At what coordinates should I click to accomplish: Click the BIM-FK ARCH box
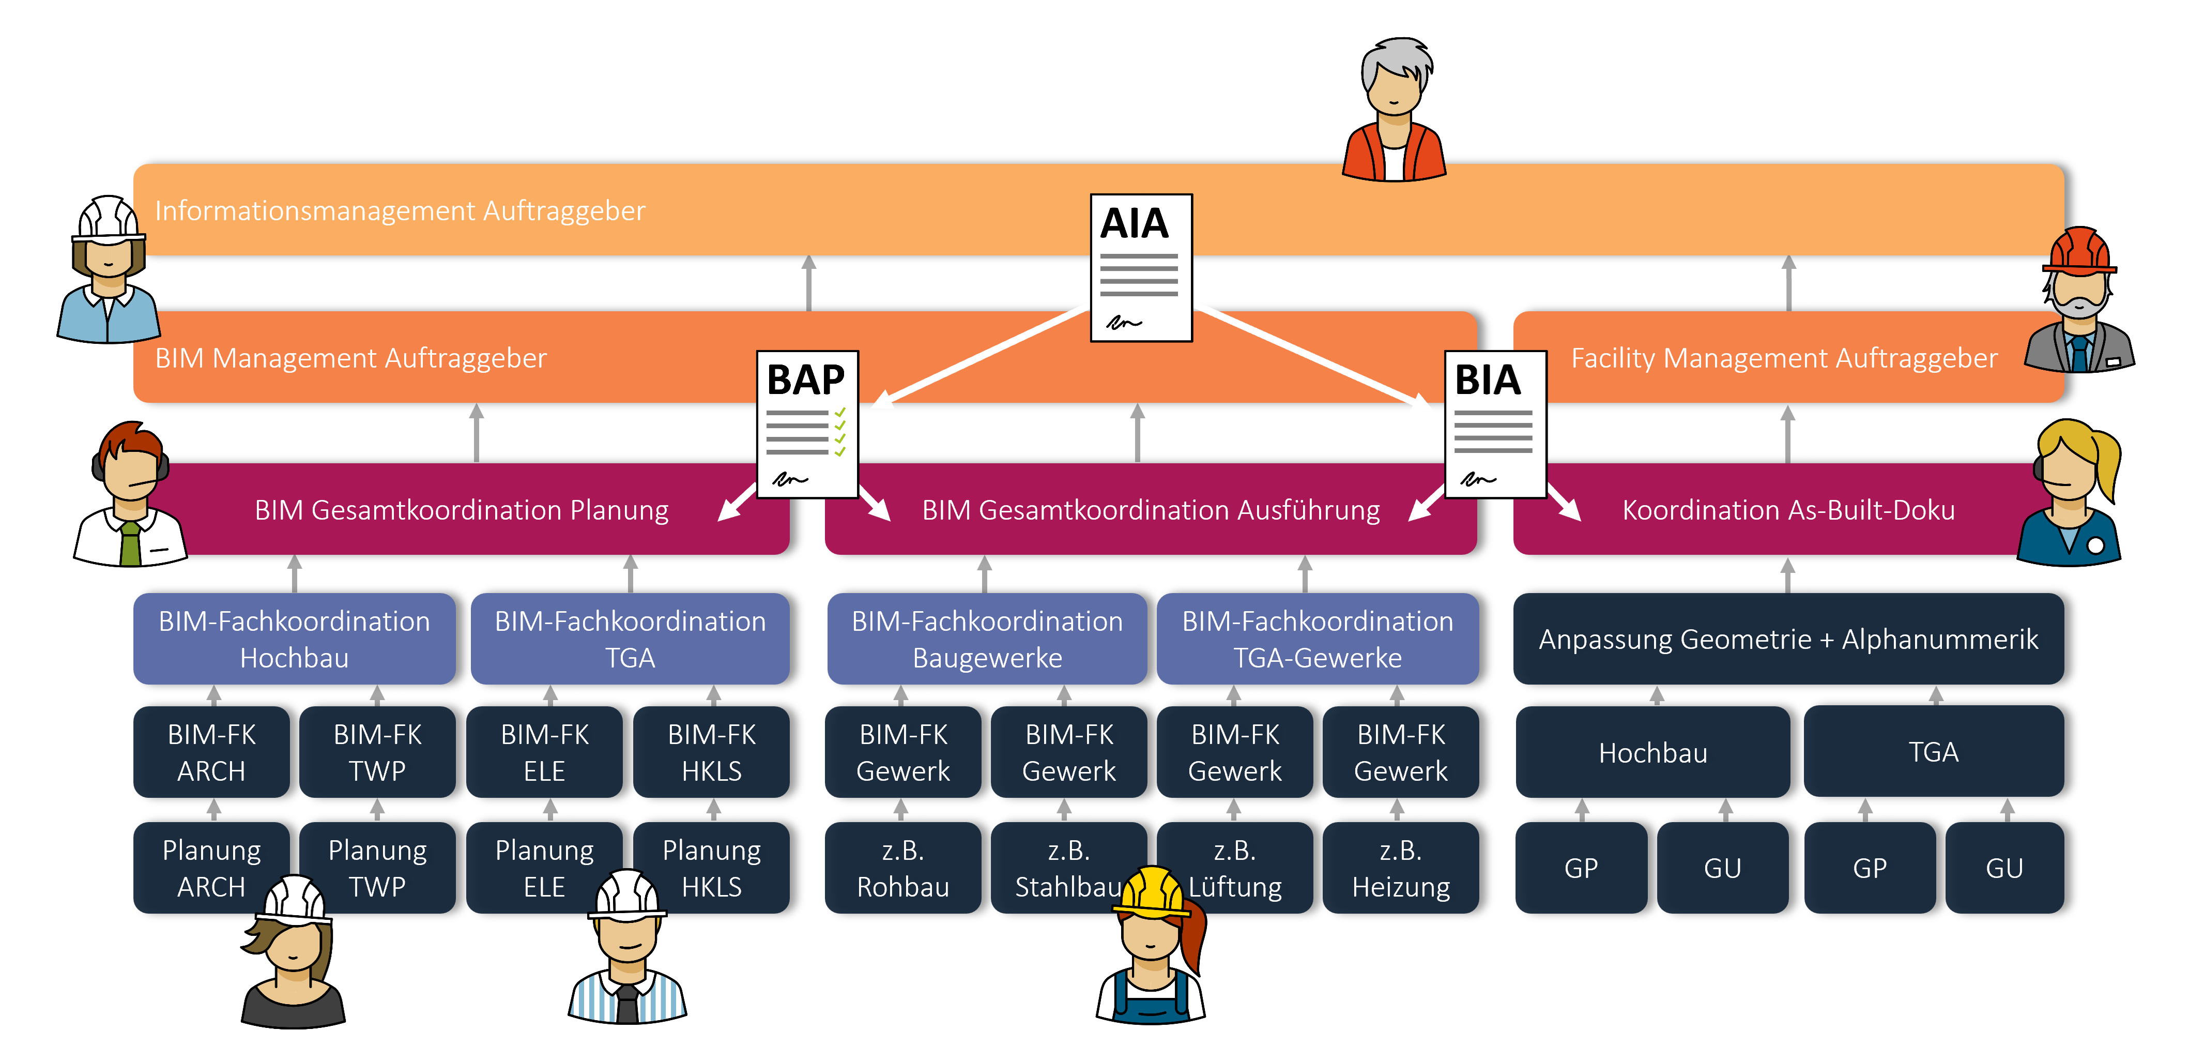[x=211, y=752]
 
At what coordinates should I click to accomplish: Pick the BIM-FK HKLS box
[x=711, y=752]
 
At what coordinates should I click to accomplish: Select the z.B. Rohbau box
[x=902, y=868]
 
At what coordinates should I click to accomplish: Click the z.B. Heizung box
[x=1401, y=868]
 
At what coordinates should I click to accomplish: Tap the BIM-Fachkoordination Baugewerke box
[x=987, y=639]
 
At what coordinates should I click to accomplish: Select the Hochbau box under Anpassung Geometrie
[x=1652, y=752]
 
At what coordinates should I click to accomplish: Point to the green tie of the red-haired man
[x=130, y=543]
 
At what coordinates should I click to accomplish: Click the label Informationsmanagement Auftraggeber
[x=400, y=210]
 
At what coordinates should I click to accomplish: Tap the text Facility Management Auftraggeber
[x=1784, y=358]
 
